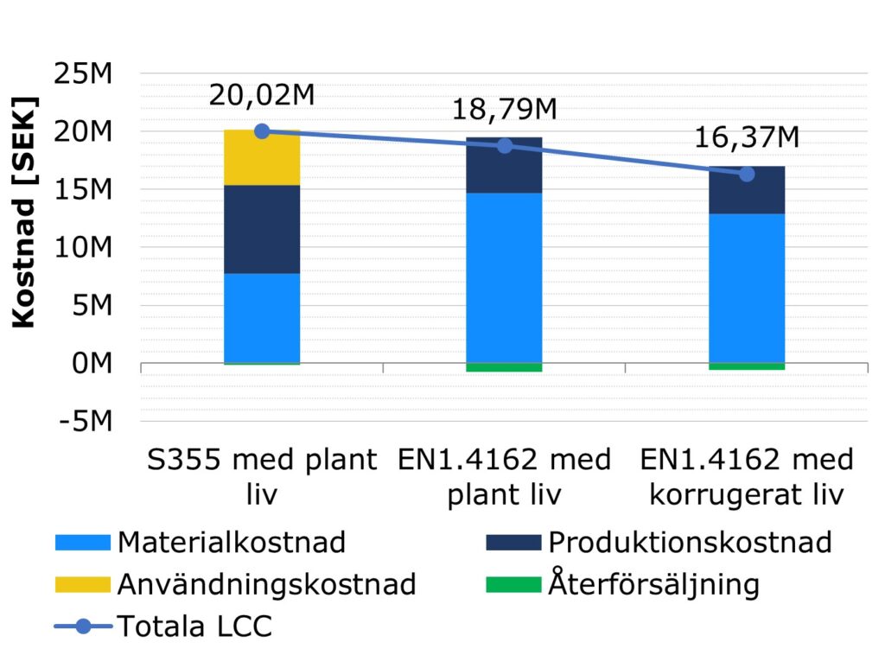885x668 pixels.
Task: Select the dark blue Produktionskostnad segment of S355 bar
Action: tap(262, 229)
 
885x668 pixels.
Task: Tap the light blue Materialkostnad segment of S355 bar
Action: tap(262, 318)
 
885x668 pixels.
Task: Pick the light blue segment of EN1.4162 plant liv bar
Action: tap(504, 277)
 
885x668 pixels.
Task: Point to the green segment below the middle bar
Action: tap(504, 367)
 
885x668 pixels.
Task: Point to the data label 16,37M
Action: tap(746, 137)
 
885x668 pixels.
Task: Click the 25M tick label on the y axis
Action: tap(83, 74)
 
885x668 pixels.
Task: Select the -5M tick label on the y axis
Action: tap(83, 422)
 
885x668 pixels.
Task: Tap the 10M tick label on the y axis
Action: tap(83, 248)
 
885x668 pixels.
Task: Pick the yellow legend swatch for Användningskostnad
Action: tap(82, 584)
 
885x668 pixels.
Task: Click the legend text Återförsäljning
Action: tap(653, 584)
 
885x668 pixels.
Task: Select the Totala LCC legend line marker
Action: tap(82, 626)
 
